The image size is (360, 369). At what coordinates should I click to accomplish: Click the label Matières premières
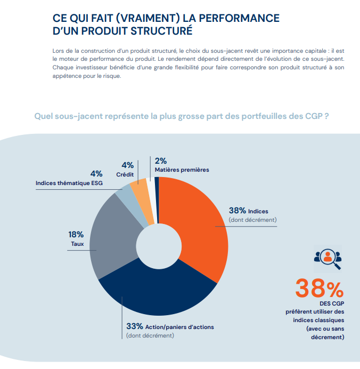(182, 170)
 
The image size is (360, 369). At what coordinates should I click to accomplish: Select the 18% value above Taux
(76, 234)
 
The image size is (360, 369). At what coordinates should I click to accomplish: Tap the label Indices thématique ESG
(69, 183)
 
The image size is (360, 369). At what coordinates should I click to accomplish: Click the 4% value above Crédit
(127, 165)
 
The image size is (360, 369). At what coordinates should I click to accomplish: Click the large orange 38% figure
(319, 289)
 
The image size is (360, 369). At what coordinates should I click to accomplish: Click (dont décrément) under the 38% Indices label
(253, 220)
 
